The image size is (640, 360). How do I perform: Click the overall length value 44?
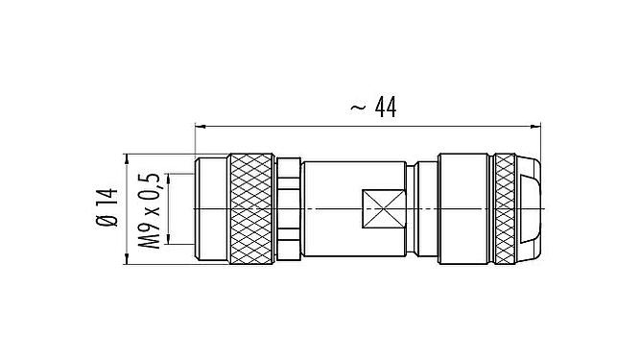point(384,108)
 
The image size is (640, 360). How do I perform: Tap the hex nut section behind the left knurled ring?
point(291,208)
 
